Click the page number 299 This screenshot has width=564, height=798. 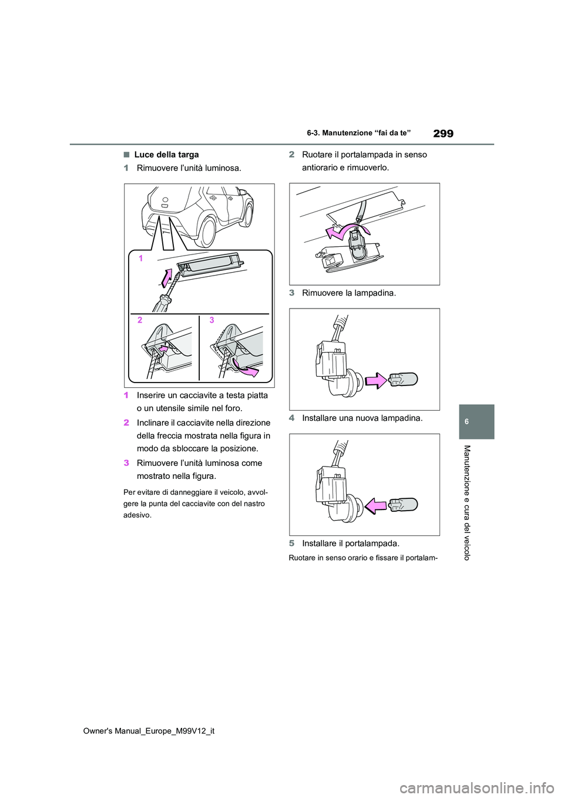click(443, 133)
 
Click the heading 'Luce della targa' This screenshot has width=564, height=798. click(166, 155)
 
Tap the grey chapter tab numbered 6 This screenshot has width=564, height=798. click(476, 421)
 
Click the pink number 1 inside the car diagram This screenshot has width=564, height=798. click(141, 258)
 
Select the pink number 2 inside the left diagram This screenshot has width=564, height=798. click(140, 320)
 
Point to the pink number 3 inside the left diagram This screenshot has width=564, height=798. click(211, 320)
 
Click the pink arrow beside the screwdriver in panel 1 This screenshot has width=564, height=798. click(167, 276)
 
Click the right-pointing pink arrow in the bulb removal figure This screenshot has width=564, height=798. click(376, 380)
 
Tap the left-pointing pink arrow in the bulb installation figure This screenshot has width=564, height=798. click(376, 505)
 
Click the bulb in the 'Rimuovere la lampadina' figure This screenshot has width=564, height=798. click(403, 379)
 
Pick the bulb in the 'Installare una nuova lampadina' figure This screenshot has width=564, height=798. click(403, 504)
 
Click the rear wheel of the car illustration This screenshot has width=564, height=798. click(206, 231)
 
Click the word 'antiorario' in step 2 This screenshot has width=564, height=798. click(320, 167)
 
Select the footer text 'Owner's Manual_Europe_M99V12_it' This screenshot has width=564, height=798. click(149, 731)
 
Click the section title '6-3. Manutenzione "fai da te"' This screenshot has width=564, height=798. click(358, 133)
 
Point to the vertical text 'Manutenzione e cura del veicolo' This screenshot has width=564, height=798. click(467, 502)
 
